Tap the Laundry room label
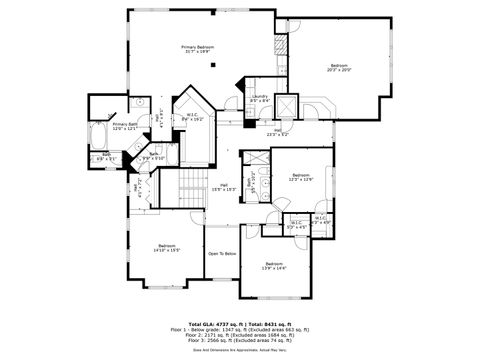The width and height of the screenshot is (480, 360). pyautogui.click(x=259, y=99)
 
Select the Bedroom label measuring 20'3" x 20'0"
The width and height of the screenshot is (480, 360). pyautogui.click(x=339, y=68)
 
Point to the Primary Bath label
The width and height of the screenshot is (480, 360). pyautogui.click(x=126, y=126)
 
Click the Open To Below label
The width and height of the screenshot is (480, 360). pyautogui.click(x=221, y=254)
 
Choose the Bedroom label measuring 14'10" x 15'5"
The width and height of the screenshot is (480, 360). pyautogui.click(x=166, y=247)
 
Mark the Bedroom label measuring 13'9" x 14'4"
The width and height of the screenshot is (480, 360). pyautogui.click(x=273, y=266)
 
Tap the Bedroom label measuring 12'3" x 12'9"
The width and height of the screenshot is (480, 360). pyautogui.click(x=301, y=178)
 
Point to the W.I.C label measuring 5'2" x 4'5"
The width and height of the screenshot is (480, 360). pyautogui.click(x=296, y=225)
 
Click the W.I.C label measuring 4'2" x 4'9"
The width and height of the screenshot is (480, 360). pyautogui.click(x=320, y=220)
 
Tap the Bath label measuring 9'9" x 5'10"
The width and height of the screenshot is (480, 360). pyautogui.click(x=153, y=156)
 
